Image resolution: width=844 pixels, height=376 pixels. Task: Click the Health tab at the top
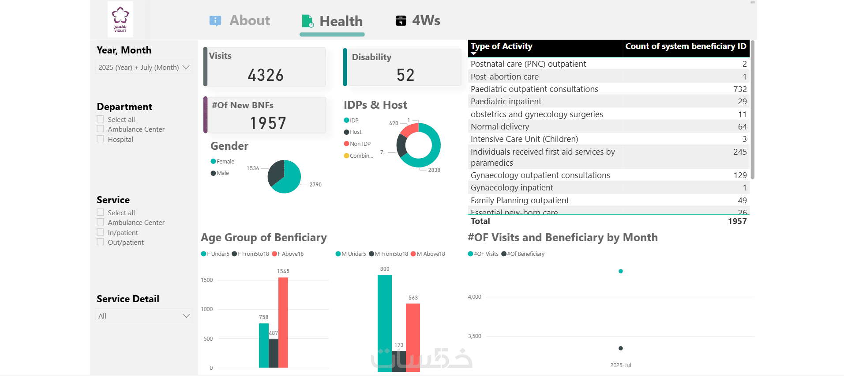click(333, 21)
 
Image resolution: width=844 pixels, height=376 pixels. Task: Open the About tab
click(240, 21)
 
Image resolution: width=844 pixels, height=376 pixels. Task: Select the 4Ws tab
click(418, 21)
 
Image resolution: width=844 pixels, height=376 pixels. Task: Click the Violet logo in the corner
click(120, 19)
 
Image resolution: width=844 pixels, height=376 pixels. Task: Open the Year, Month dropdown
click(143, 67)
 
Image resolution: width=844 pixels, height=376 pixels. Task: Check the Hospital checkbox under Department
click(101, 139)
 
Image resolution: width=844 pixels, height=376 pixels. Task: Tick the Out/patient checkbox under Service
click(101, 242)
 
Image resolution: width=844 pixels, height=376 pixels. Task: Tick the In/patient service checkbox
click(101, 232)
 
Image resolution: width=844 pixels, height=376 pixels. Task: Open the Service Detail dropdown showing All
click(143, 316)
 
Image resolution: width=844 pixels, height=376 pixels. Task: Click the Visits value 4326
click(266, 75)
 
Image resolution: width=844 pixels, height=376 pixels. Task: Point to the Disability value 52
click(405, 75)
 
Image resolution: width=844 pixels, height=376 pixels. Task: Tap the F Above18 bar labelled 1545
click(283, 322)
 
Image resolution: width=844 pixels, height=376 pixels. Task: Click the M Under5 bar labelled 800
click(384, 322)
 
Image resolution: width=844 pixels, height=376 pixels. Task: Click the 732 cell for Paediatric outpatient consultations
click(740, 89)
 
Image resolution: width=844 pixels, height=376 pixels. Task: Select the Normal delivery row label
click(500, 127)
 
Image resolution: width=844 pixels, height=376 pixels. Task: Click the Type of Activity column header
click(502, 46)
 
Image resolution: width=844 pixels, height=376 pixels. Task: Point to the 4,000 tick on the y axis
click(475, 297)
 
